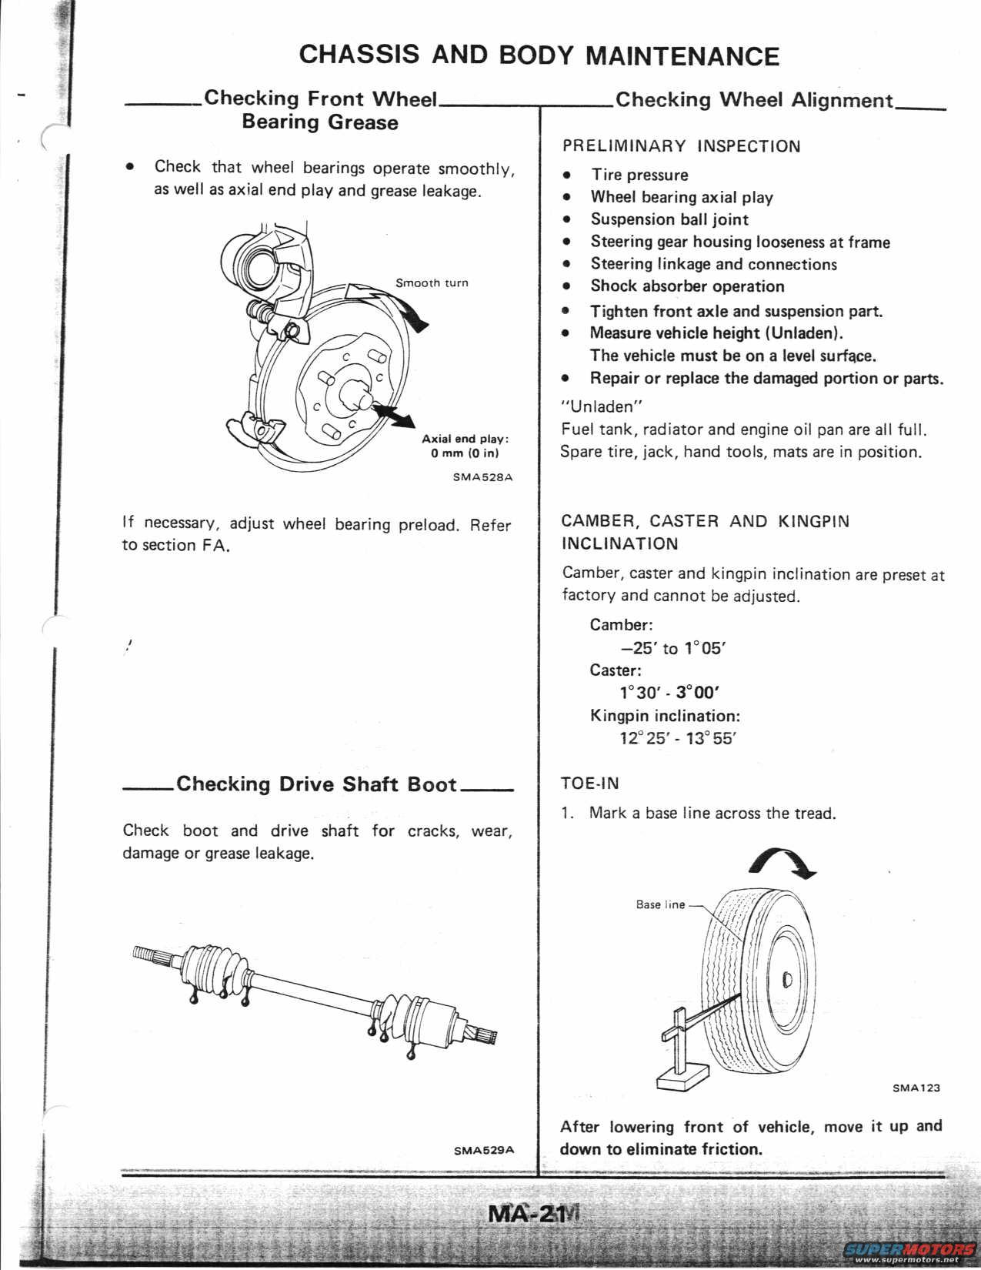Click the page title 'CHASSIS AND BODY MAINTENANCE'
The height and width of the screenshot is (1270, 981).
(x=539, y=55)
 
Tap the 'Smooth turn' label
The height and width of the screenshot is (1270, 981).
(x=432, y=282)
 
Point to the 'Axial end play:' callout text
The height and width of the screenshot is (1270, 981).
(x=465, y=439)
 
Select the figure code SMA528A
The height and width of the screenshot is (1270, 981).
(x=482, y=477)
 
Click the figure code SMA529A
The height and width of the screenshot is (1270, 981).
(x=483, y=1150)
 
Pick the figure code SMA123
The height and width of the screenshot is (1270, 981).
(x=916, y=1088)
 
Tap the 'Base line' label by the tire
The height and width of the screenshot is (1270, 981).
(x=660, y=904)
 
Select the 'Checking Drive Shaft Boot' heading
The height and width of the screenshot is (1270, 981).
(x=317, y=784)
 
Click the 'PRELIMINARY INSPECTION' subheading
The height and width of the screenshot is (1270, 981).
(x=681, y=146)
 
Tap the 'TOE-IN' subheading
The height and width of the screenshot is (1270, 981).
(x=590, y=784)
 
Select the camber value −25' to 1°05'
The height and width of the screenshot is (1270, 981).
(x=672, y=648)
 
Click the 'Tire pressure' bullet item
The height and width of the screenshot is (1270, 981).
(x=639, y=175)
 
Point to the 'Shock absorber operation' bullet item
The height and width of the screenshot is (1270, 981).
(x=687, y=286)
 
